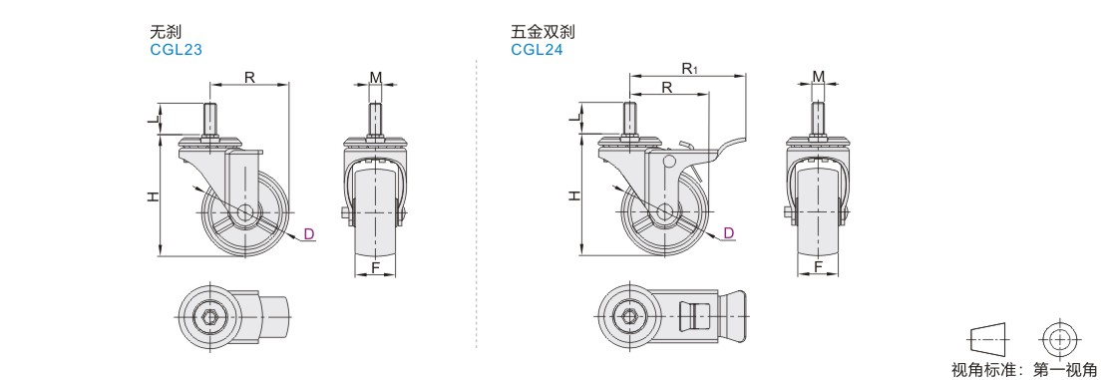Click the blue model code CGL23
[176, 50]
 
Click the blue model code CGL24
[538, 50]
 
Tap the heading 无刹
[166, 32]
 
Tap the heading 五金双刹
[543, 32]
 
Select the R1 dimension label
[690, 67]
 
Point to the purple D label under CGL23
[308, 233]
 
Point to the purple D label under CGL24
[729, 233]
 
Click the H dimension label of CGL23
[153, 197]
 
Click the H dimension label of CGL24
[574, 194]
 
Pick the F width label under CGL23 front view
[376, 267]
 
